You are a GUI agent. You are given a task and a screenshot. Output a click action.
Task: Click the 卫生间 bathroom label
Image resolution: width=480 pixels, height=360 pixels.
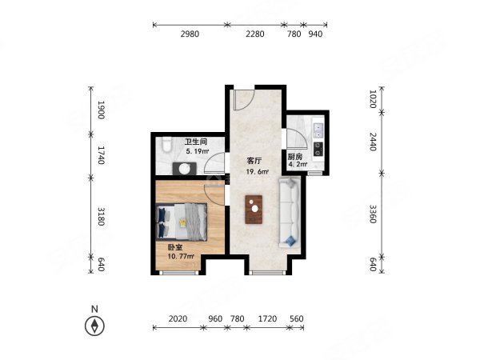pos(196,142)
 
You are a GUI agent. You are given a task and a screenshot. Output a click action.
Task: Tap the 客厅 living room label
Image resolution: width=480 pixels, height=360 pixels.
pos(254,161)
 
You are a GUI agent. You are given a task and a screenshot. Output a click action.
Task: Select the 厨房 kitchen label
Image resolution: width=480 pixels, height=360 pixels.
pos(294,157)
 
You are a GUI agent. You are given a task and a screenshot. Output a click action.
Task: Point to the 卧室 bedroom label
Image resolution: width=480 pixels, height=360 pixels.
pos(175,247)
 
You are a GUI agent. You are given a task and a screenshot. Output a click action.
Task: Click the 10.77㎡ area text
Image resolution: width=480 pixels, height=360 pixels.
pos(181,257)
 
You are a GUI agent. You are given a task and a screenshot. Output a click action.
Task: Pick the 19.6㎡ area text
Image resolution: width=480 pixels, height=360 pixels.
pos(258,172)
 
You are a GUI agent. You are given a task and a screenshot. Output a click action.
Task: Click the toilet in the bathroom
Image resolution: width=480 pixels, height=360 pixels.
pos(167,144)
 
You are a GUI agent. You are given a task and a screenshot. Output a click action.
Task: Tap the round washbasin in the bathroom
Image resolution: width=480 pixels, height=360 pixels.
pos(185,168)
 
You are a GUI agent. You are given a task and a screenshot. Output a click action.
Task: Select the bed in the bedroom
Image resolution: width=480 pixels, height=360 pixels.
pos(182,221)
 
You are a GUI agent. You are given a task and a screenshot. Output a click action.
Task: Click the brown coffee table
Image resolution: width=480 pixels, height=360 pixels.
pos(254,210)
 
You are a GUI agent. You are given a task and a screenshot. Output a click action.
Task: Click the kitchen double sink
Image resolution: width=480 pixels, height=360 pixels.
pos(318,130)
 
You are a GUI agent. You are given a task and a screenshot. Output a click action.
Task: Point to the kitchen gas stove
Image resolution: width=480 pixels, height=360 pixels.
pos(318,149)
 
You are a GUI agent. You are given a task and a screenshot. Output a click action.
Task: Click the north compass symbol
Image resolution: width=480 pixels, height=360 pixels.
pos(94,326)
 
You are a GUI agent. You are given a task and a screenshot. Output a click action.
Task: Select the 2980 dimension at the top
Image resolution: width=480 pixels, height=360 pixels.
pos(190,34)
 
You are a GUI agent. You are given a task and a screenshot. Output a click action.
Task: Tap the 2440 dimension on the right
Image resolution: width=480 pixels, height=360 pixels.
pos(373,142)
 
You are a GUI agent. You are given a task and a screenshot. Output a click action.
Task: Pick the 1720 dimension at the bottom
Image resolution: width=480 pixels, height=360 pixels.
pos(267,318)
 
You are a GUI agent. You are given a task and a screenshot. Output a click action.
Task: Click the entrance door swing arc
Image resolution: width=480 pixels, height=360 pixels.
pos(249,102)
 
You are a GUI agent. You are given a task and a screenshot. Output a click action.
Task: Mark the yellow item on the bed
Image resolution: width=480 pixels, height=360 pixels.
pos(182,222)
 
